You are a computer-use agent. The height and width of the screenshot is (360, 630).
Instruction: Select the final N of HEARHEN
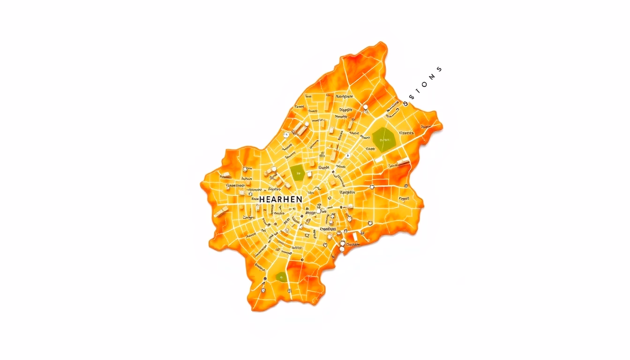(299, 199)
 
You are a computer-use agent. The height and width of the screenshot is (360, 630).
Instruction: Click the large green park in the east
(384, 139)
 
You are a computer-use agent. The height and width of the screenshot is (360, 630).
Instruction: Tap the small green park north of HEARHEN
(297, 172)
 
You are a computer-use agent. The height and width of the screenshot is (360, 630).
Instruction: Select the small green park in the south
(281, 277)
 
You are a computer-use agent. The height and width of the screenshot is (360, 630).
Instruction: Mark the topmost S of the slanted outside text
(439, 69)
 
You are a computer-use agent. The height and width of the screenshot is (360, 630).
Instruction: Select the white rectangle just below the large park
(378, 160)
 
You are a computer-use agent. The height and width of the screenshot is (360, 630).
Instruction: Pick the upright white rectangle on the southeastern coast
(355, 237)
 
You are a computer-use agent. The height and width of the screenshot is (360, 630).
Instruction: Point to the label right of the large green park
(406, 133)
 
